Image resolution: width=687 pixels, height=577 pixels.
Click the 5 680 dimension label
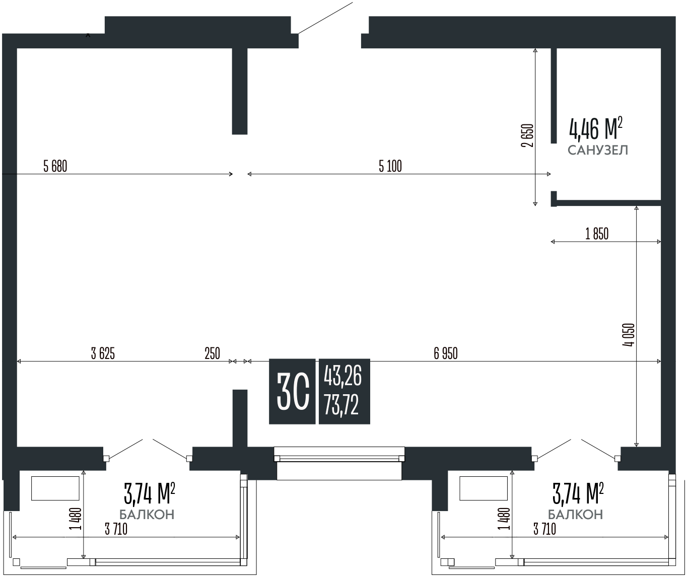tap(55, 166)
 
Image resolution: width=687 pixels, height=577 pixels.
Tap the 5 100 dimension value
tap(390, 166)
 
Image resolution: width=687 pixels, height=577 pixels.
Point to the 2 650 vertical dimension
tap(527, 135)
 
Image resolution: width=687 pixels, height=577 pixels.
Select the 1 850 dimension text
tap(597, 234)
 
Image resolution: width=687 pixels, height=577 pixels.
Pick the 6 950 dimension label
tap(446, 354)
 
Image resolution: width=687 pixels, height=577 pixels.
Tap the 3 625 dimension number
tap(103, 354)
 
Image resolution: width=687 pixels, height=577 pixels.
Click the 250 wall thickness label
tap(212, 354)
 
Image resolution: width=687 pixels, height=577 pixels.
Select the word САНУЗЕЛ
tap(598, 150)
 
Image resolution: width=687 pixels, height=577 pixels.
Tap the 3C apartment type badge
tap(293, 391)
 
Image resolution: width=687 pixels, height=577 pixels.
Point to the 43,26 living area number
tap(343, 376)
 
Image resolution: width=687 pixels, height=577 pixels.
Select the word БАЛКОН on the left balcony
tap(147, 515)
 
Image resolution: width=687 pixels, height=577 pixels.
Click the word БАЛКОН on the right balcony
tap(575, 515)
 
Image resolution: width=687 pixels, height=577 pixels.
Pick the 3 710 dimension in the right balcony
tap(545, 529)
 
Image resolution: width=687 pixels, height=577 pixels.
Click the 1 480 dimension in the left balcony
tap(76, 519)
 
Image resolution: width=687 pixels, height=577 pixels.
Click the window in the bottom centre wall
tap(339, 458)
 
